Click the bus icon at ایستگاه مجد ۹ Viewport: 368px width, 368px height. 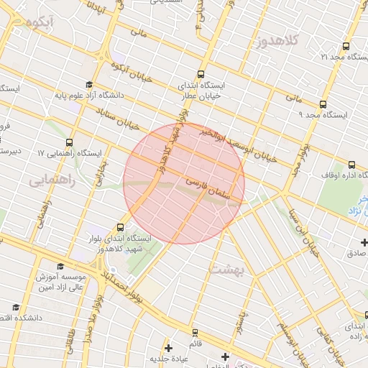pos(323,104)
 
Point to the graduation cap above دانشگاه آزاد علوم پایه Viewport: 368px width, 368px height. pos(89,84)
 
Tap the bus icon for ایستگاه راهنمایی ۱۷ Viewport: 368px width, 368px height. pos(69,142)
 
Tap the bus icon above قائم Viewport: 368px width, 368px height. pos(195,333)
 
